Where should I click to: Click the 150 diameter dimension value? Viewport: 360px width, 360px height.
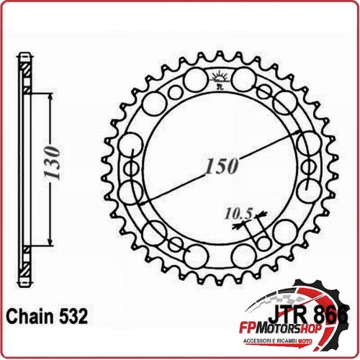coord(221,167)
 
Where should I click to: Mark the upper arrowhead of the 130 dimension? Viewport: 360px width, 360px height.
coord(49,96)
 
